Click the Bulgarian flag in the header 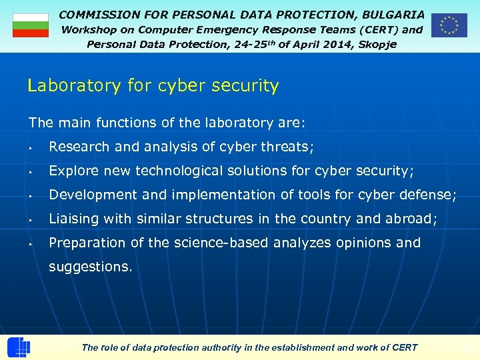point(31,25)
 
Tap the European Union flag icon point(449,25)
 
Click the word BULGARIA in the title point(393,14)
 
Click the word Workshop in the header point(89,29)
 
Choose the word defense point(429,195)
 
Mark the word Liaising point(73,219)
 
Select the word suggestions point(90,267)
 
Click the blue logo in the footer point(19,348)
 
